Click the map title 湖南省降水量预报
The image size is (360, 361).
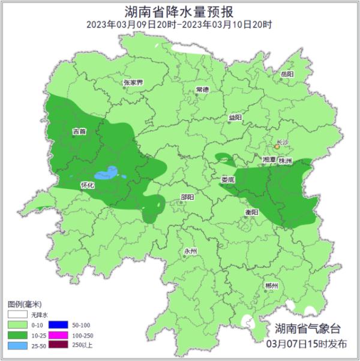(x=179, y=11)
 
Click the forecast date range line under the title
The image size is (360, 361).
(x=179, y=25)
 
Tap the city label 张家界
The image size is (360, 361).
(x=133, y=83)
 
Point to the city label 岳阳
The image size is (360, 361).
(x=287, y=74)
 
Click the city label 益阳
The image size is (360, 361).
(x=235, y=118)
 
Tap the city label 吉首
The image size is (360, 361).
(x=79, y=131)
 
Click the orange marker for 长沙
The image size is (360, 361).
(x=277, y=146)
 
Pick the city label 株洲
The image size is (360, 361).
(x=285, y=161)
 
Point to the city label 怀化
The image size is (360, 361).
(x=88, y=186)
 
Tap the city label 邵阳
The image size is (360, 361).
(x=187, y=197)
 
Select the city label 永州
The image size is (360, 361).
(x=190, y=251)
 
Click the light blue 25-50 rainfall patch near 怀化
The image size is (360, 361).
(x=107, y=174)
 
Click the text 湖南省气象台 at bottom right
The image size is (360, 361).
(x=307, y=329)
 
